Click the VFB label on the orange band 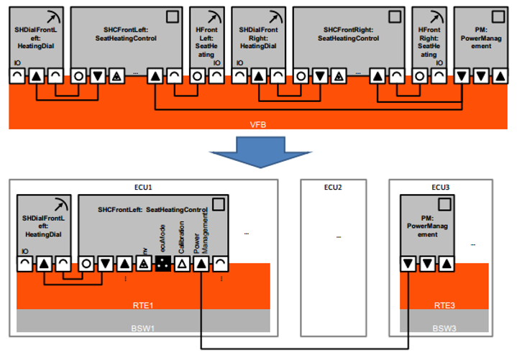click(x=258, y=123)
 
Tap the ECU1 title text click(x=143, y=187)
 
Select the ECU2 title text click(x=332, y=187)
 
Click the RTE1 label click(x=143, y=304)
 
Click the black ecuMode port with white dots click(x=163, y=264)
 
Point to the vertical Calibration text click(x=182, y=238)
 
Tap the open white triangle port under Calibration click(x=183, y=264)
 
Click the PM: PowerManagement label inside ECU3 click(x=428, y=229)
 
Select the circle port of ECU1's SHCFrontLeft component click(x=88, y=264)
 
